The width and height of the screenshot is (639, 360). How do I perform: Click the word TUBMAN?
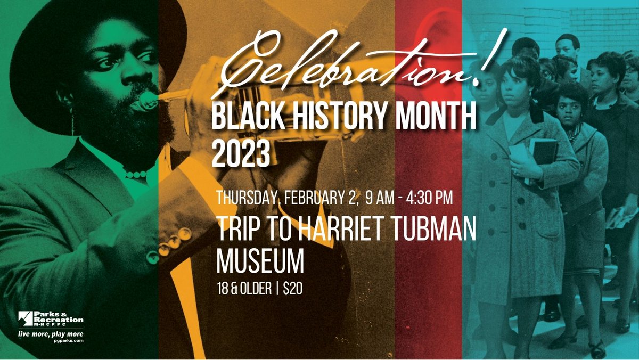(432, 230)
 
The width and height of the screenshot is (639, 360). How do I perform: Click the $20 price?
(293, 289)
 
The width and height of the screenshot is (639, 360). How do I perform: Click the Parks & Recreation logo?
(51, 319)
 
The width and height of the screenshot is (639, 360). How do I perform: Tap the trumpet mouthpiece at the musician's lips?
(144, 100)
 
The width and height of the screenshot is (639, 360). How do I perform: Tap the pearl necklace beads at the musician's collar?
(136, 174)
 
